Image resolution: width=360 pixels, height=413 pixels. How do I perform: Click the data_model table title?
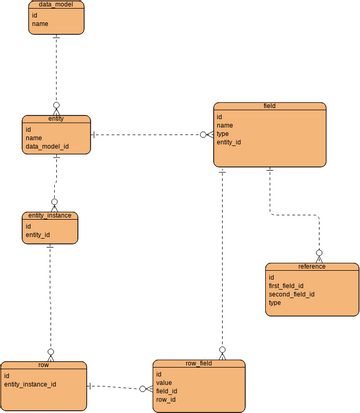tap(55, 5)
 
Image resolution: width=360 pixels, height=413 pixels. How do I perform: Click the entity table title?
tap(56, 118)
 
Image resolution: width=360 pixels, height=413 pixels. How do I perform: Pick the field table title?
tap(270, 105)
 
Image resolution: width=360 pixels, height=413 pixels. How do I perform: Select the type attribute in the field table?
tap(223, 134)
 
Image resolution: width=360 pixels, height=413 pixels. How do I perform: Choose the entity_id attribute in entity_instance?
tap(39, 235)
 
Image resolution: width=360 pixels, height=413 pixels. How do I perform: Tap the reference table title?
tap(311, 267)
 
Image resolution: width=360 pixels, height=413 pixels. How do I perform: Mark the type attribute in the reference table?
tap(277, 304)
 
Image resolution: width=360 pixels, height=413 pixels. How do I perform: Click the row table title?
tap(43, 364)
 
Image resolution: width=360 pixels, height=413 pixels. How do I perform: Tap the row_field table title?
tap(197, 364)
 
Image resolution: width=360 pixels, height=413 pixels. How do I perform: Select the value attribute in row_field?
tap(166, 383)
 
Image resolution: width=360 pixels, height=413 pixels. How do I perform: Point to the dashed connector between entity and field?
tap(150, 135)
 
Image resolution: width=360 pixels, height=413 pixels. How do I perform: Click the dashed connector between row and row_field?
tap(120, 387)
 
